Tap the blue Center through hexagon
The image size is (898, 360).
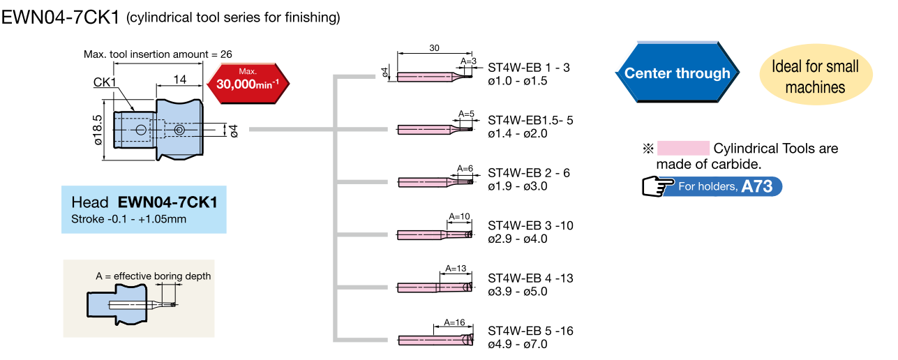677,73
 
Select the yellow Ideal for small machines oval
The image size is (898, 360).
815,77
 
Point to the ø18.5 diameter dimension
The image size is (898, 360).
98,129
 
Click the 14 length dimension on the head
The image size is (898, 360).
179,80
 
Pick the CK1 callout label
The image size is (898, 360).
105,83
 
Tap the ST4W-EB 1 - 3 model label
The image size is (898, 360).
529,68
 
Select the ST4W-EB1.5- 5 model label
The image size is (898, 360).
530,120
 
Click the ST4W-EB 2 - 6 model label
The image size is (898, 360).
529,172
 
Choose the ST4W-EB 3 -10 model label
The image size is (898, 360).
530,225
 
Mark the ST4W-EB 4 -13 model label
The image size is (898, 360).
530,278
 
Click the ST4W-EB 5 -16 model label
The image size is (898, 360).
530,331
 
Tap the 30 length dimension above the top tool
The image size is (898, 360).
434,48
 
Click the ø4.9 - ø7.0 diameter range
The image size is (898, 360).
518,344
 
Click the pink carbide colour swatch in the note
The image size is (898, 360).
683,148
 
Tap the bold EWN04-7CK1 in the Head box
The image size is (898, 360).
167,203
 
